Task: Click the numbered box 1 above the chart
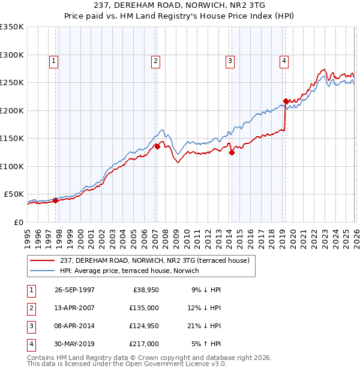tap(54, 60)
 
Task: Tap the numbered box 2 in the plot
tap(155, 60)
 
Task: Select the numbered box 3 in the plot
tap(230, 60)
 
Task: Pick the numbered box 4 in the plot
tap(283, 60)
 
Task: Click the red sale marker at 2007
tap(157, 146)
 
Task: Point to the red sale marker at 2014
tap(231, 152)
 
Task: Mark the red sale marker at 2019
tap(286, 101)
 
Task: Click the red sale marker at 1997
tap(56, 200)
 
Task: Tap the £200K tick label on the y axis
tap(12, 110)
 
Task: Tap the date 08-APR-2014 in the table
tap(74, 326)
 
